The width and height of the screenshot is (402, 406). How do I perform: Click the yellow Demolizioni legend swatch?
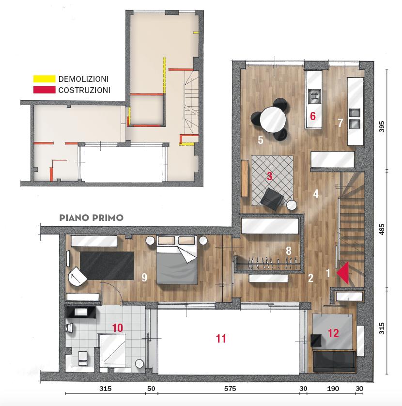44,78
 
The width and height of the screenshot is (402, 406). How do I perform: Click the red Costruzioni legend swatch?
44,90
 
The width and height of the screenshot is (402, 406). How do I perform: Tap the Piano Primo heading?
92,218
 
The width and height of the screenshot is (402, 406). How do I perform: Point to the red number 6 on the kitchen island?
313,116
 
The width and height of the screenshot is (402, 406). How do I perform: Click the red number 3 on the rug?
269,176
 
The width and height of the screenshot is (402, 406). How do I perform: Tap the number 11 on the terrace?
221,339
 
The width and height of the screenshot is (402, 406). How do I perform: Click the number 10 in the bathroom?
117,328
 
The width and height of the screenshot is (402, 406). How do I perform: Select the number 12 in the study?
333,333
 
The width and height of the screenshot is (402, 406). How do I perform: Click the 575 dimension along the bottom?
230,389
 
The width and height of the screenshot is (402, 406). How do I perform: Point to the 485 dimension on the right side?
382,230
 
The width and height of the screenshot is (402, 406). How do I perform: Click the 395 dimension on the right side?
382,126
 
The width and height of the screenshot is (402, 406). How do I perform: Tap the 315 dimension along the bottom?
106,389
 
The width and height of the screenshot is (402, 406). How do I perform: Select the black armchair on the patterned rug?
272,199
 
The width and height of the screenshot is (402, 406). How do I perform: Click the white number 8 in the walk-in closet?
289,250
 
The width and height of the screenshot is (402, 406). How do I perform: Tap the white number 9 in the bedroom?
144,277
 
